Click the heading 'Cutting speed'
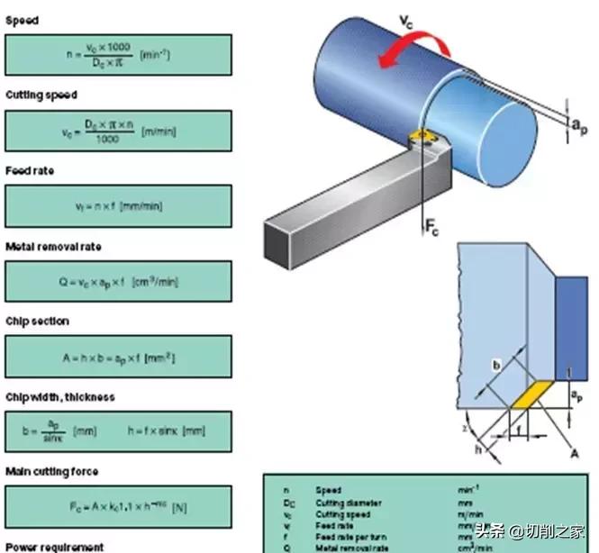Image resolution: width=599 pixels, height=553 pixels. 41,95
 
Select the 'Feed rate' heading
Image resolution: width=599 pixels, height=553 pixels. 30,170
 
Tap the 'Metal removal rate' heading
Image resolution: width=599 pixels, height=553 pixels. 53,246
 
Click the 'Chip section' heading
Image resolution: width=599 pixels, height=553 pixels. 37,322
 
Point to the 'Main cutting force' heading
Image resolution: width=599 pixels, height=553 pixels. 52,471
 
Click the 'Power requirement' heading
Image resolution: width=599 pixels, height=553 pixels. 55,547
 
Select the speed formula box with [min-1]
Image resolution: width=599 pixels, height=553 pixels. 118,55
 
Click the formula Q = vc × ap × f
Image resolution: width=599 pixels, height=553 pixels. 118,282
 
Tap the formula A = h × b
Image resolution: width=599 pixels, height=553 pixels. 118,358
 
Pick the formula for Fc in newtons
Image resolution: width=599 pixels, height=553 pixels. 118,508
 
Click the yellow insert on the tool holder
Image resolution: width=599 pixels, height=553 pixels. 421,137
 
